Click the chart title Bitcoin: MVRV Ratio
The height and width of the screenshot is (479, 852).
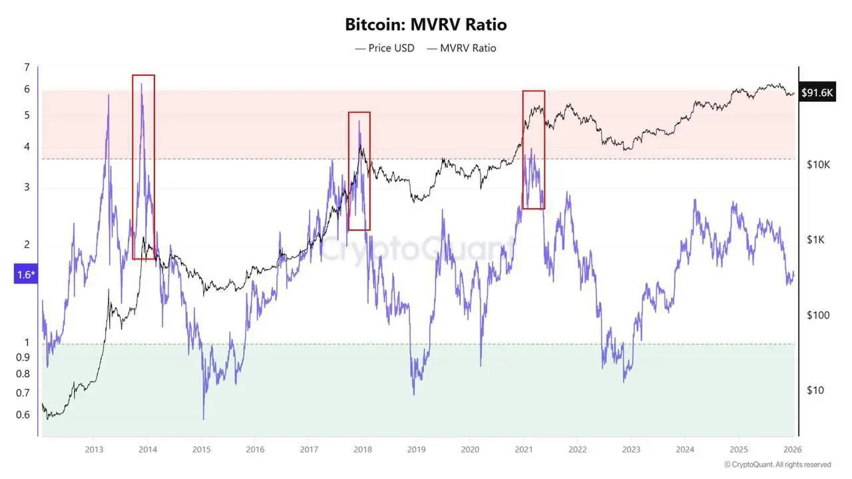pyautogui.click(x=425, y=25)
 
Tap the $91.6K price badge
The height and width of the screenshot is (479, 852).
pyautogui.click(x=817, y=93)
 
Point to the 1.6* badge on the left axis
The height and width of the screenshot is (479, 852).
pyautogui.click(x=24, y=274)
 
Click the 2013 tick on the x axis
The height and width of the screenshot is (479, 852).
pyautogui.click(x=94, y=449)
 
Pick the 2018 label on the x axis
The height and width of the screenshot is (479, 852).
pyautogui.click(x=362, y=449)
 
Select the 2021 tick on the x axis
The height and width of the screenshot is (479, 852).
pyautogui.click(x=523, y=449)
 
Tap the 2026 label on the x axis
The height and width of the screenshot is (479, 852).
pyautogui.click(x=791, y=449)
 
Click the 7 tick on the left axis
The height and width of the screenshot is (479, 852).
pyautogui.click(x=27, y=67)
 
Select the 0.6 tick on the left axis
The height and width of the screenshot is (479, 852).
pyautogui.click(x=23, y=414)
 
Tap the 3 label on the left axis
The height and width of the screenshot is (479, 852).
pyautogui.click(x=27, y=187)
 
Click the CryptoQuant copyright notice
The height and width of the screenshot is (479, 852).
pyautogui.click(x=777, y=464)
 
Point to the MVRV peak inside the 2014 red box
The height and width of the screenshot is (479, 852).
pyautogui.click(x=142, y=84)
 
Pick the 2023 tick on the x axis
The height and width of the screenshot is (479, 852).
pyautogui.click(x=630, y=449)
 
